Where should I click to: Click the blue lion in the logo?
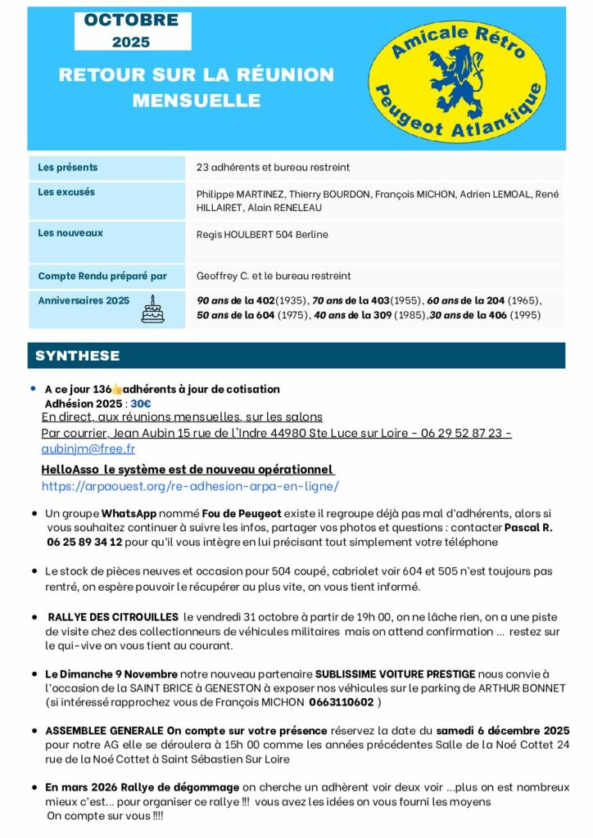(x=456, y=74)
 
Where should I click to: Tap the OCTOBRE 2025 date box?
(x=132, y=30)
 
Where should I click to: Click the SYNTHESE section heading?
(x=78, y=356)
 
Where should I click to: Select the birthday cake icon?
(x=152, y=309)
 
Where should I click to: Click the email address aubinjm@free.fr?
(x=88, y=448)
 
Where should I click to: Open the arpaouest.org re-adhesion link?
(x=190, y=485)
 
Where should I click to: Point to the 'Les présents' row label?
(x=68, y=167)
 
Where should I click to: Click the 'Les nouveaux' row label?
(x=70, y=233)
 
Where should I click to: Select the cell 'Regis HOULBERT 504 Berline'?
(x=262, y=234)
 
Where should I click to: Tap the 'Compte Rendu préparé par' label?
(x=102, y=276)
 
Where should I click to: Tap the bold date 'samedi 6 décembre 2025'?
(x=502, y=730)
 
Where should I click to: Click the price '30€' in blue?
(x=141, y=403)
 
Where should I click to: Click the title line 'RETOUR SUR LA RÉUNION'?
(x=197, y=74)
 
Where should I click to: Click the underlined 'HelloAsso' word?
(x=70, y=470)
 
